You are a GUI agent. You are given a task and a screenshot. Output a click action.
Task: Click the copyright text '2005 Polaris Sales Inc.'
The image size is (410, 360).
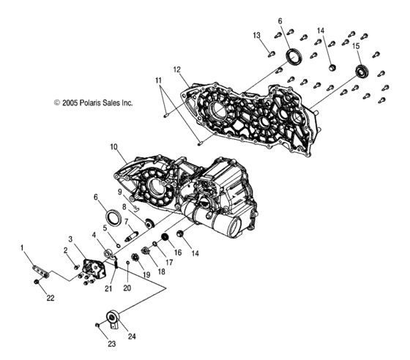[x=97, y=103]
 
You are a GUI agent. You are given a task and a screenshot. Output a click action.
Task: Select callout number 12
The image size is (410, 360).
[x=176, y=70]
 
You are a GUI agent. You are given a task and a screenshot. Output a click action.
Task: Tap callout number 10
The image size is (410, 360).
[x=113, y=147]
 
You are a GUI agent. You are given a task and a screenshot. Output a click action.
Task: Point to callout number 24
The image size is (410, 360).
[x=132, y=337]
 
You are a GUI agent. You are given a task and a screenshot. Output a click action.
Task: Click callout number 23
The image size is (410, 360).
[x=111, y=344]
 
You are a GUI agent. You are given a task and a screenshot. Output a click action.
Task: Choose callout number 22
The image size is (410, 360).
[x=51, y=298]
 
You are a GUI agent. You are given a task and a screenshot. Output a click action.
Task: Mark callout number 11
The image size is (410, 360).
[x=158, y=80]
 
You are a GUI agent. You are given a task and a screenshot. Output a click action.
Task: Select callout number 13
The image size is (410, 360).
[x=257, y=35]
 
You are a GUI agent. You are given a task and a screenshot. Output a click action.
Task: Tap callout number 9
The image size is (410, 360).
[x=120, y=192]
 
